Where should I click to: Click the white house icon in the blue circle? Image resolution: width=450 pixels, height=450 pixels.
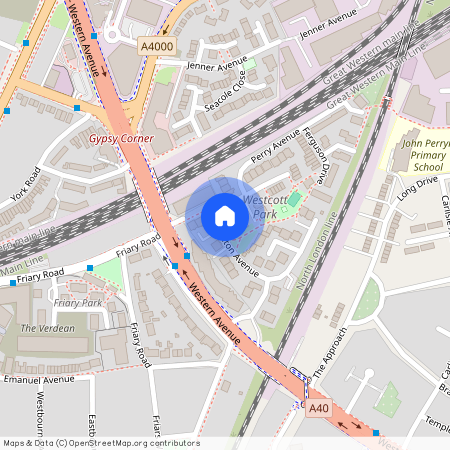click(x=225, y=216)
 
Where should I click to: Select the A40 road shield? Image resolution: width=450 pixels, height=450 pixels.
click(x=319, y=408)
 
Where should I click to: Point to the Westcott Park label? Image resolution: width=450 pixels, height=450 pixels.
click(x=265, y=207)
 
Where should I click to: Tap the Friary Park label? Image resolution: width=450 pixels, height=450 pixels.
click(x=78, y=302)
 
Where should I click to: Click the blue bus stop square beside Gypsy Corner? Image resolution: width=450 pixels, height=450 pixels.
click(x=77, y=107)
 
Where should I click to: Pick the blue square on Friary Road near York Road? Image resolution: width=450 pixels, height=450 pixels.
click(x=90, y=268)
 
